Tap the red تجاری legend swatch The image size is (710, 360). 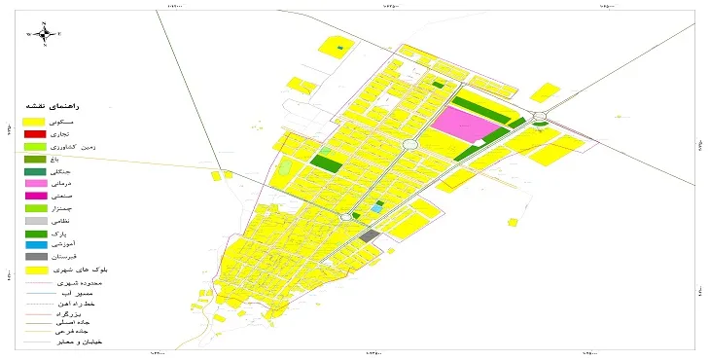(36, 132)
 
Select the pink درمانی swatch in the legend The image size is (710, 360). (36, 184)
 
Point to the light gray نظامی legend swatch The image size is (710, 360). (36, 221)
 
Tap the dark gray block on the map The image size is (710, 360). (370, 235)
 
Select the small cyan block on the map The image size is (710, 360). (376, 208)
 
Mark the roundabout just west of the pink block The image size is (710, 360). (409, 145)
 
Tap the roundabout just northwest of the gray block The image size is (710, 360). (345, 218)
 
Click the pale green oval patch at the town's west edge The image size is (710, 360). (284, 167)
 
